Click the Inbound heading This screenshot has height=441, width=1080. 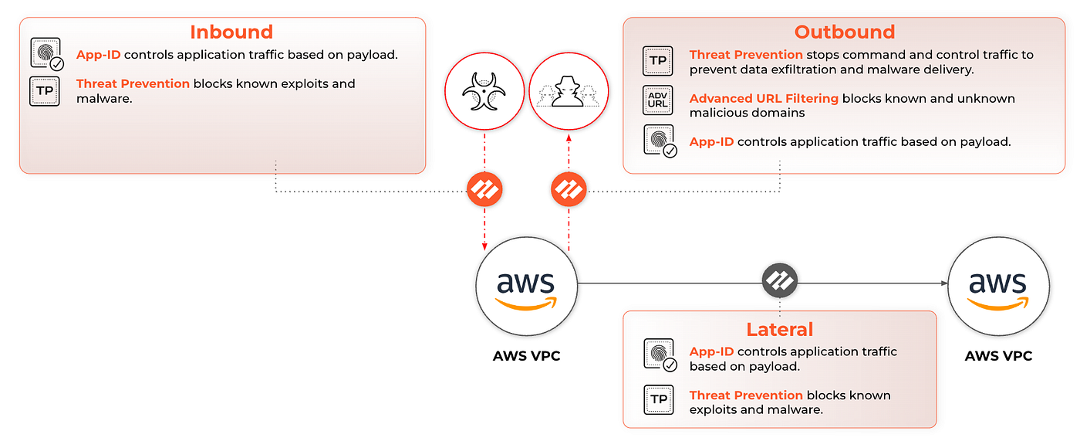[231, 32]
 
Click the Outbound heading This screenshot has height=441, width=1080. [845, 32]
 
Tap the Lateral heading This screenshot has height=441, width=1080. [780, 330]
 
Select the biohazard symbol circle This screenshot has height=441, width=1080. [484, 91]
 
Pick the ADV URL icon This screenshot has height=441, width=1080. [657, 100]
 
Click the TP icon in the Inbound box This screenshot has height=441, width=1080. [45, 91]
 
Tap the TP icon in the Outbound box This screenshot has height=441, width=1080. [657, 61]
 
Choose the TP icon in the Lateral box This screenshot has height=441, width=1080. [659, 399]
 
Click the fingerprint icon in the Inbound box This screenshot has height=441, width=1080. [47, 53]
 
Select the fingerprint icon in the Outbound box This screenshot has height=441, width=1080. [660, 141]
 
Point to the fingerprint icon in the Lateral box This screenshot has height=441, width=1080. [660, 354]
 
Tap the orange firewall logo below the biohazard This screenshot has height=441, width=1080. [484, 189]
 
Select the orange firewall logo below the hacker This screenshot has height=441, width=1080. [569, 189]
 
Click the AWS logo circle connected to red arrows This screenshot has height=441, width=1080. [526, 286]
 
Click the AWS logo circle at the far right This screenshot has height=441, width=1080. [998, 286]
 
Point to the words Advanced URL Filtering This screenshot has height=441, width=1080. [764, 98]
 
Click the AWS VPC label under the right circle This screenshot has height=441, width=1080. [998, 356]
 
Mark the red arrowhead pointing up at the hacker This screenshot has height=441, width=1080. [569, 138]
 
